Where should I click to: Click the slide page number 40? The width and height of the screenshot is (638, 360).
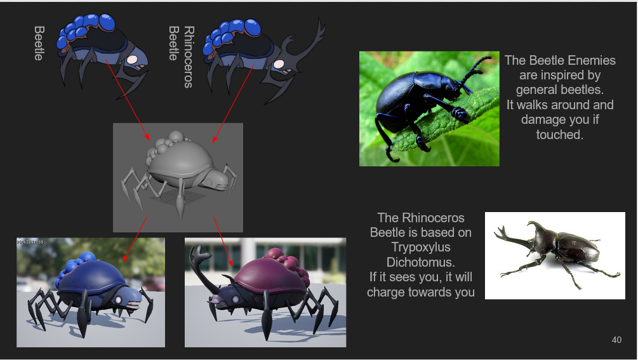coord(616,340)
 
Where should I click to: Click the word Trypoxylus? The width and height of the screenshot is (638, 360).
coord(421,248)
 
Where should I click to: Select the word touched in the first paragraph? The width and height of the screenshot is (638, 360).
coord(559,135)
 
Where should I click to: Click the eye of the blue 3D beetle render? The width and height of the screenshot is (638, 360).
coord(119,300)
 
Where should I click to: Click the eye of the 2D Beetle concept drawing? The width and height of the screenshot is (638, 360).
coord(132,60)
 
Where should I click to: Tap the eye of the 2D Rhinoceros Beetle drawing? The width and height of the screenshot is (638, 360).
coord(279,64)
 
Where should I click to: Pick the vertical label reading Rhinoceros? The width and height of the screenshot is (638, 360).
coord(189,57)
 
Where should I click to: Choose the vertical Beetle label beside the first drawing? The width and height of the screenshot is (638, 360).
coord(39,43)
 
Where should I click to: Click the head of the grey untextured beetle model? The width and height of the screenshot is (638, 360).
coord(213,180)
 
